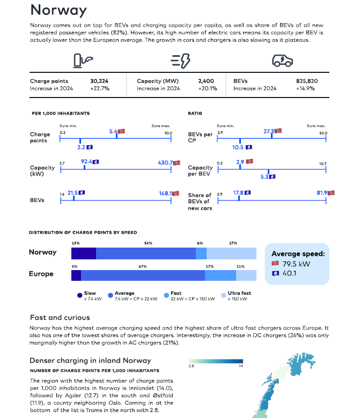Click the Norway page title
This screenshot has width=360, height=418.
coord(58,10)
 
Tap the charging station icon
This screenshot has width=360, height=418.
coord(83,61)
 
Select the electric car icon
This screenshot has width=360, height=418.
coord(282,61)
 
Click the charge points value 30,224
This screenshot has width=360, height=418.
coord(99,81)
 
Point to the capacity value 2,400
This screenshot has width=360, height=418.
coord(206,81)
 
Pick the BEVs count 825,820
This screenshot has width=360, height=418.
coord(307,81)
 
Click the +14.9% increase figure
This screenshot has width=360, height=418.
coord(305,88)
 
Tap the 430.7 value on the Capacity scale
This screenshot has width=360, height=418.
coord(165,162)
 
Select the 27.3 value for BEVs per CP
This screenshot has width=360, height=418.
coord(269,131)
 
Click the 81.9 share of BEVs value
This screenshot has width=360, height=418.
coord(322,193)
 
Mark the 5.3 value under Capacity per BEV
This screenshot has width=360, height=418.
coord(265,177)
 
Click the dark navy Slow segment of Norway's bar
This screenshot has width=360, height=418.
coord(84,253)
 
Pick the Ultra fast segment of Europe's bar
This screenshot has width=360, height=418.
coord(246,275)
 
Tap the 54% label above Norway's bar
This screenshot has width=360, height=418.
coord(148,243)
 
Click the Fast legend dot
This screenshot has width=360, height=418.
coord(166,295)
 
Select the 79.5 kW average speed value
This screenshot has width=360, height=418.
coord(296,264)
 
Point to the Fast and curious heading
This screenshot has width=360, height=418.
coord(60,317)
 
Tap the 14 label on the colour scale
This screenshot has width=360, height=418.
coord(241,366)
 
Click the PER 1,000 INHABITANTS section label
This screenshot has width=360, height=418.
coord(61,113)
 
